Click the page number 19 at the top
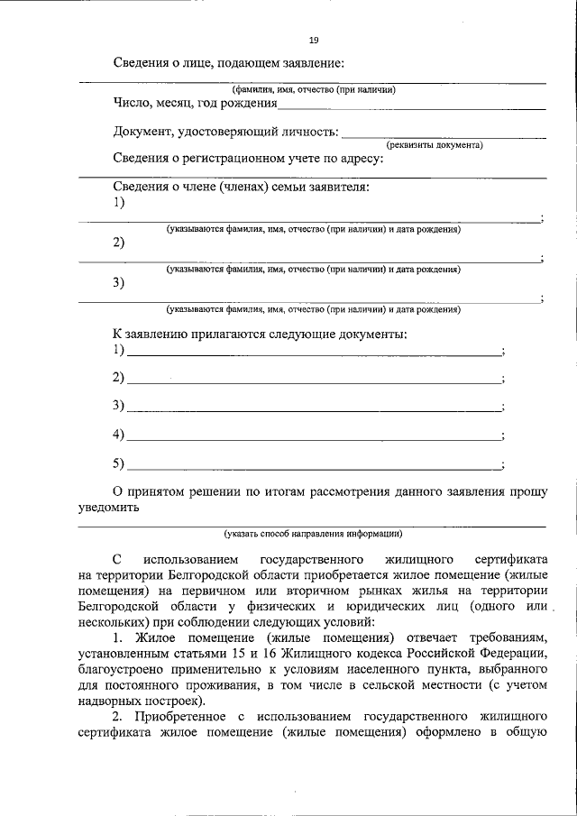(x=313, y=41)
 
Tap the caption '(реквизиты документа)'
(x=435, y=145)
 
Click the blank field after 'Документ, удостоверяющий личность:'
(x=444, y=134)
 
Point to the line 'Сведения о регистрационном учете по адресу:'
(x=249, y=159)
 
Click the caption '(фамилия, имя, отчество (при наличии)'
(x=313, y=89)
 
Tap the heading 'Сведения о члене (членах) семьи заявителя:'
(x=241, y=187)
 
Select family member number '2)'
(x=119, y=243)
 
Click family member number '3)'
(x=119, y=283)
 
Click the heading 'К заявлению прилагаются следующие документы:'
(x=260, y=335)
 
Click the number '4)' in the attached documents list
(x=118, y=435)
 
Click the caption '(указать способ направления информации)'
(x=313, y=533)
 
